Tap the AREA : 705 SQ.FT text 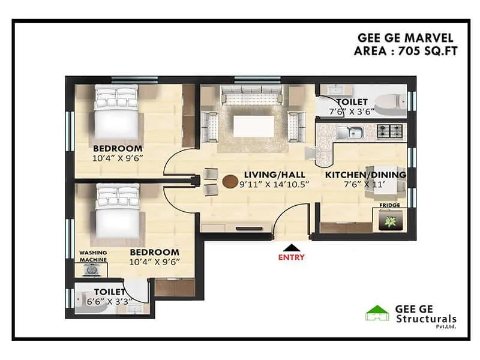click(406, 51)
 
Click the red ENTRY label click(291, 257)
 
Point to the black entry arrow click(291, 247)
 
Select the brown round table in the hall click(229, 181)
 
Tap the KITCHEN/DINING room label click(366, 175)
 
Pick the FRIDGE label click(390, 205)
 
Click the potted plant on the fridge click(391, 220)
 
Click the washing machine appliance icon click(92, 270)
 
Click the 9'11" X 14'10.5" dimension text click(274, 184)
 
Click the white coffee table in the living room click(254, 127)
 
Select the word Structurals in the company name click(427, 319)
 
